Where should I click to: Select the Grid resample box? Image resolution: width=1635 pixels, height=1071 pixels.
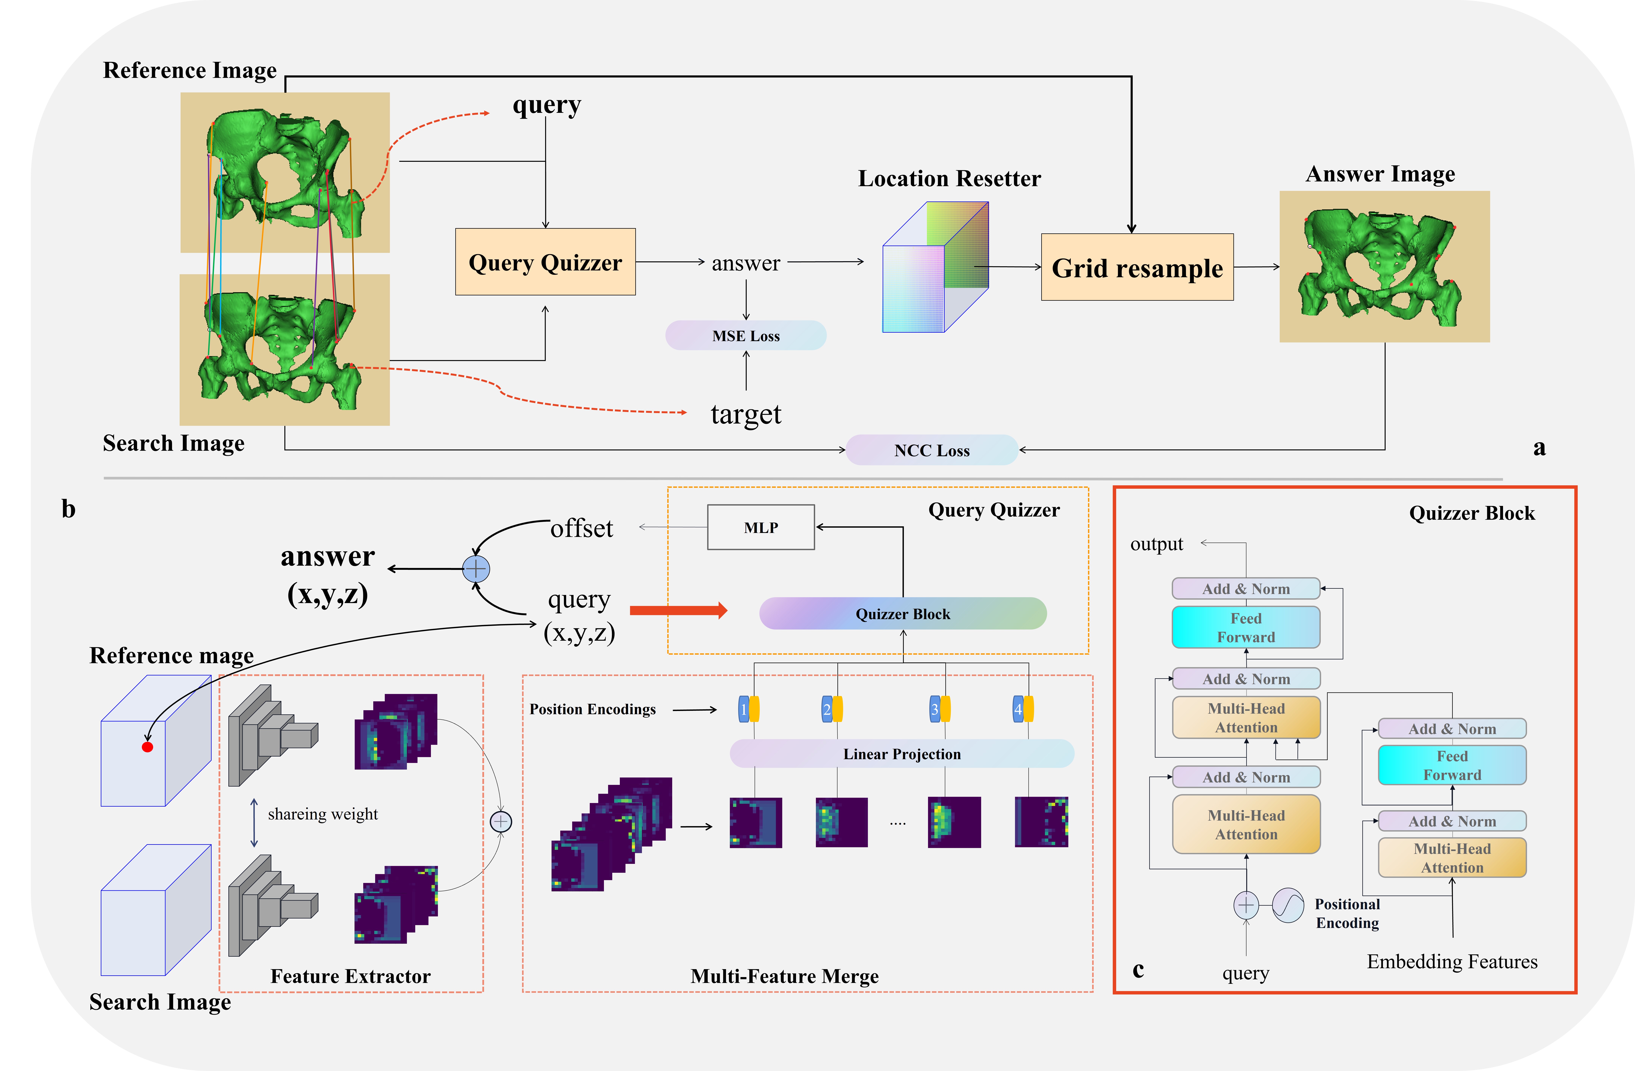(x=1137, y=267)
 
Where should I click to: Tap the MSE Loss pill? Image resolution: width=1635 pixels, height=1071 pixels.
(x=745, y=336)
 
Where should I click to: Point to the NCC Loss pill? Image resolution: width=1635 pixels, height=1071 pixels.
(x=932, y=450)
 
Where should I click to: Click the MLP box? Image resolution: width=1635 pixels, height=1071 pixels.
(x=760, y=527)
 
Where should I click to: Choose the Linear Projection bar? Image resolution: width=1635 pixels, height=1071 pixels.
(x=901, y=754)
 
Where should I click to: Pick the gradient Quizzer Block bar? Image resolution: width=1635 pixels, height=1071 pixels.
(x=902, y=614)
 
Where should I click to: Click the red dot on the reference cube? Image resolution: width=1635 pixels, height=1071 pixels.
(x=147, y=747)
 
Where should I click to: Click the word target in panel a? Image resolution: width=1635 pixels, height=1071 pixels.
(x=745, y=414)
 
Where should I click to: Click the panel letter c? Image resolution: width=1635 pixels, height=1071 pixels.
(x=1138, y=969)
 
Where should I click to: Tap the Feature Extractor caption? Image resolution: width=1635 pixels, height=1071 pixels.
(x=350, y=976)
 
